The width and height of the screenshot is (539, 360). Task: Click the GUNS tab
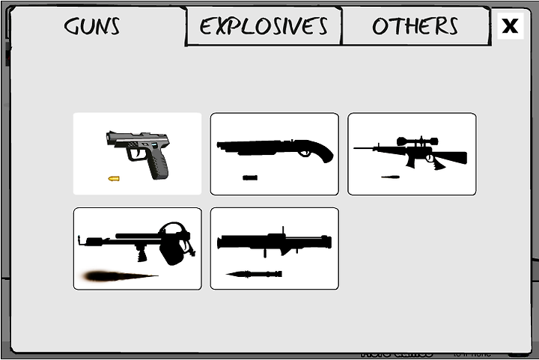point(92,26)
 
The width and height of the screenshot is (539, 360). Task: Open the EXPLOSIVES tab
point(264,26)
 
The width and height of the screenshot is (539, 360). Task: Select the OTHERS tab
point(415,26)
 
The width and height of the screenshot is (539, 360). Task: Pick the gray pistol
point(141,149)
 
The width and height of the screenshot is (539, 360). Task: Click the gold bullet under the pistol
point(114,179)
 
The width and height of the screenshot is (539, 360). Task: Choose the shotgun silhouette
point(274,148)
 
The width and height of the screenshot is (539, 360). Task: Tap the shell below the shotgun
point(250,178)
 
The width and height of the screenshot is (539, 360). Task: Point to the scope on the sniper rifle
point(417,141)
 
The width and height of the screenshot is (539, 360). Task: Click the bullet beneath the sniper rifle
point(390,177)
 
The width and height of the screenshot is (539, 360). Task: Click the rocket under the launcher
point(255,274)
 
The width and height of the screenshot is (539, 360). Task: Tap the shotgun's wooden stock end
point(325,153)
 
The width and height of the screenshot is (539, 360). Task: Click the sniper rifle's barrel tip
point(357,149)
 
